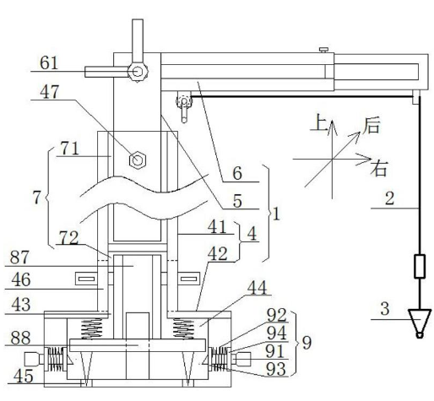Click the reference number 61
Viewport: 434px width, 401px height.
[49, 62]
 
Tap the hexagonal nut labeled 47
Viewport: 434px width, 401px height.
[138, 160]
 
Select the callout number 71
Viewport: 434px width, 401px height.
[70, 149]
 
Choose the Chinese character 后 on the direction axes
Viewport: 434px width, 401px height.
[372, 126]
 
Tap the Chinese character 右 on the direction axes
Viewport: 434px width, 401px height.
[379, 168]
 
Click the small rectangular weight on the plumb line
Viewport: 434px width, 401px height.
[420, 266]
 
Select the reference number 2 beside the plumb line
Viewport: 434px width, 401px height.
[389, 198]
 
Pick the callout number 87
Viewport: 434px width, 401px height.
[19, 257]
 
